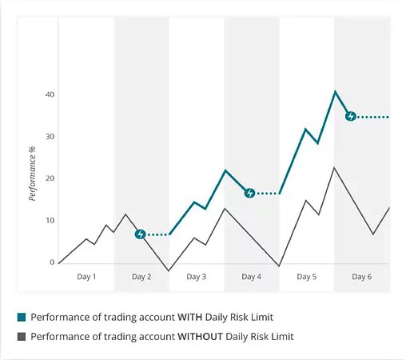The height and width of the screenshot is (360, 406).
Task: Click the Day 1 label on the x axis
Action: click(86, 277)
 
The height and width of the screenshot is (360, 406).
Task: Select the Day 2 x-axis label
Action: click(141, 277)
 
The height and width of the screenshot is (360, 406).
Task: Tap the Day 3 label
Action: click(197, 277)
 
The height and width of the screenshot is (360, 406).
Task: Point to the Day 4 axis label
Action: click(251, 277)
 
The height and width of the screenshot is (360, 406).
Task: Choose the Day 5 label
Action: click(307, 277)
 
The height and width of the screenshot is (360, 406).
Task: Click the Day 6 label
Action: click(361, 277)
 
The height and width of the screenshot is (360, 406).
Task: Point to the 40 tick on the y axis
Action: click(50, 94)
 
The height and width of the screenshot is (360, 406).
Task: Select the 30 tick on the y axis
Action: click(50, 137)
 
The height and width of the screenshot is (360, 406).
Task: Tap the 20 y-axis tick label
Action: click(50, 178)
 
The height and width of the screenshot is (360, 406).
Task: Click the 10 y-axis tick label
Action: click(50, 221)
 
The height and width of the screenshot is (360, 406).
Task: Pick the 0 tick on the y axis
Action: click(52, 262)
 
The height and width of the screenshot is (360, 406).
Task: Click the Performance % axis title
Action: click(32, 174)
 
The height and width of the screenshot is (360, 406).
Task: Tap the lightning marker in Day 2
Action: click(140, 234)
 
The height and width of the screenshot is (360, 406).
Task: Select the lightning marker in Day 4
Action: click(249, 193)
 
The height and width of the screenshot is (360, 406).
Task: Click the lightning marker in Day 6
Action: click(351, 116)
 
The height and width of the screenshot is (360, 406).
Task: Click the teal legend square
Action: click(22, 318)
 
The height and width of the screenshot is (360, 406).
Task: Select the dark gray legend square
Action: click(22, 337)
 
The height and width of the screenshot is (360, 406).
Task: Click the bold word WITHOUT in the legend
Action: click(200, 337)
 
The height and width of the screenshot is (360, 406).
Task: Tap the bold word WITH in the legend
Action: click(190, 318)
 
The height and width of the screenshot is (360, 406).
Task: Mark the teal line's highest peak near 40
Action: click(335, 91)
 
